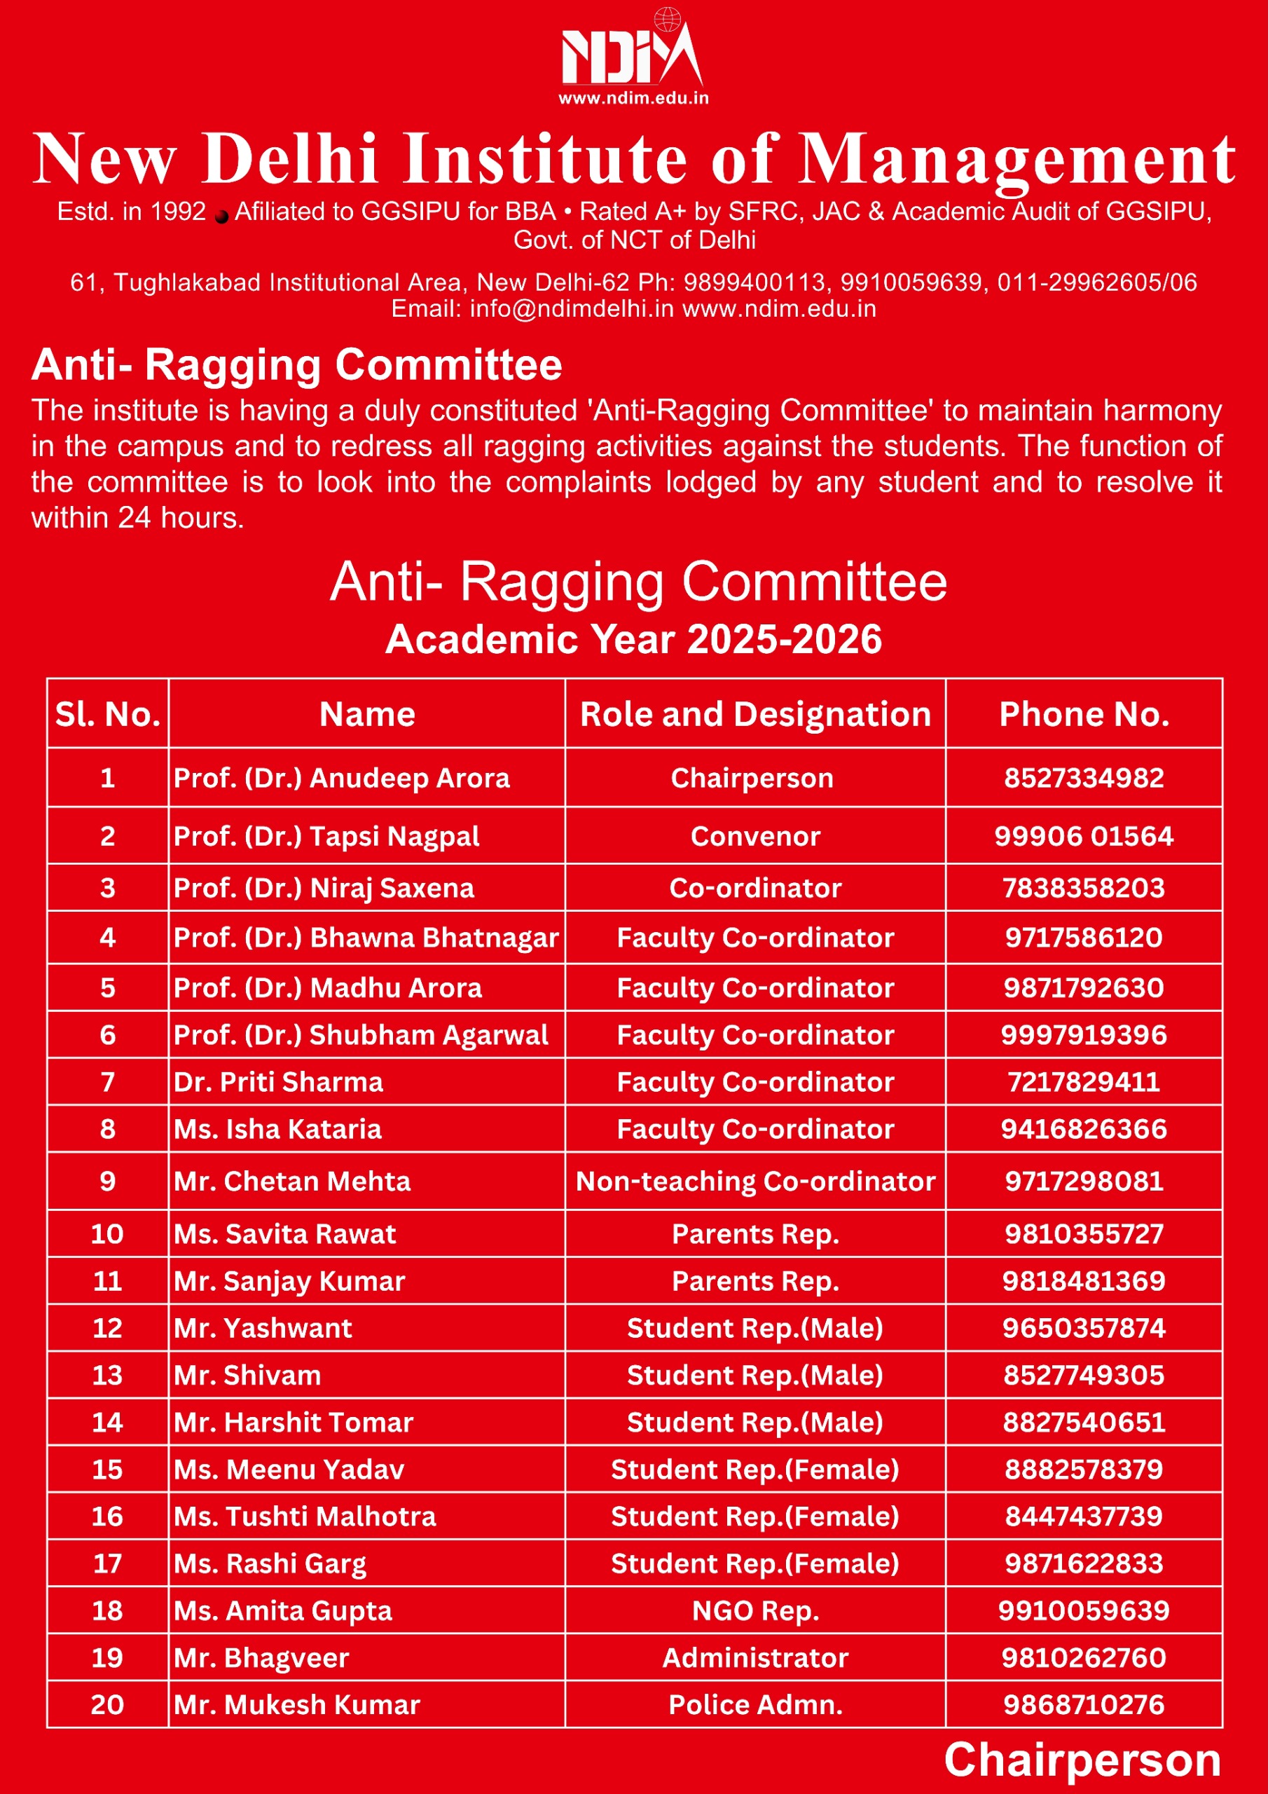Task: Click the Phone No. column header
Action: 1084,714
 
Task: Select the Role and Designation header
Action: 754,714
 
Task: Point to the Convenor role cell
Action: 754,837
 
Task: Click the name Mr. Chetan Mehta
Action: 292,1182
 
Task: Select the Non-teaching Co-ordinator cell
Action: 754,1182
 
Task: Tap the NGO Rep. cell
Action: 754,1610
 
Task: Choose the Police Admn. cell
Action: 754,1704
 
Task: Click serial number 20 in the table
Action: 107,1704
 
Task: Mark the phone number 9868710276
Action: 1084,1704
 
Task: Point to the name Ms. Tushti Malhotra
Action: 305,1516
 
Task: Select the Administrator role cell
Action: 754,1657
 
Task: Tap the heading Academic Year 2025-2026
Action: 633,639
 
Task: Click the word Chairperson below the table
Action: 1082,1760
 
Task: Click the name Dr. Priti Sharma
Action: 278,1082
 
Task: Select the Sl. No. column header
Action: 107,714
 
